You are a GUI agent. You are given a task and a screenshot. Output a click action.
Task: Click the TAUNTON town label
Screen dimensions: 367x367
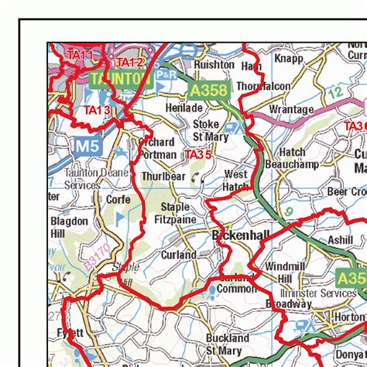[x=119, y=80]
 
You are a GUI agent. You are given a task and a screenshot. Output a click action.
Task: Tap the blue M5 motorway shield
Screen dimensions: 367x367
[x=86, y=145]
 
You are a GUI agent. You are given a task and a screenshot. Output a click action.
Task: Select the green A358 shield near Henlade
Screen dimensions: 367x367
[x=209, y=91]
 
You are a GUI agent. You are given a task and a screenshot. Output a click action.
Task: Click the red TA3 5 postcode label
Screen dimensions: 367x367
[x=197, y=155]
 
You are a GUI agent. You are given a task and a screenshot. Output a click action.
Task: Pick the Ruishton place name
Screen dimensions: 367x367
[x=214, y=65]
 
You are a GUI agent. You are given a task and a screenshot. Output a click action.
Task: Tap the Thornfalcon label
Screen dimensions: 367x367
[x=264, y=86]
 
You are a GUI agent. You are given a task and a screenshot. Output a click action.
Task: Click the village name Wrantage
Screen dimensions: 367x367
[x=292, y=110]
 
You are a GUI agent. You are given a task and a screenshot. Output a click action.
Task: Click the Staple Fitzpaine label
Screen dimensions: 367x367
[x=174, y=214]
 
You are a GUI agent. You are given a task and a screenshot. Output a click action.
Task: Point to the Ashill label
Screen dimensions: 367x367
[x=340, y=240]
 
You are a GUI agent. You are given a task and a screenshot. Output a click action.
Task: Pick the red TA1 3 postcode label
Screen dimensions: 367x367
[x=98, y=111]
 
